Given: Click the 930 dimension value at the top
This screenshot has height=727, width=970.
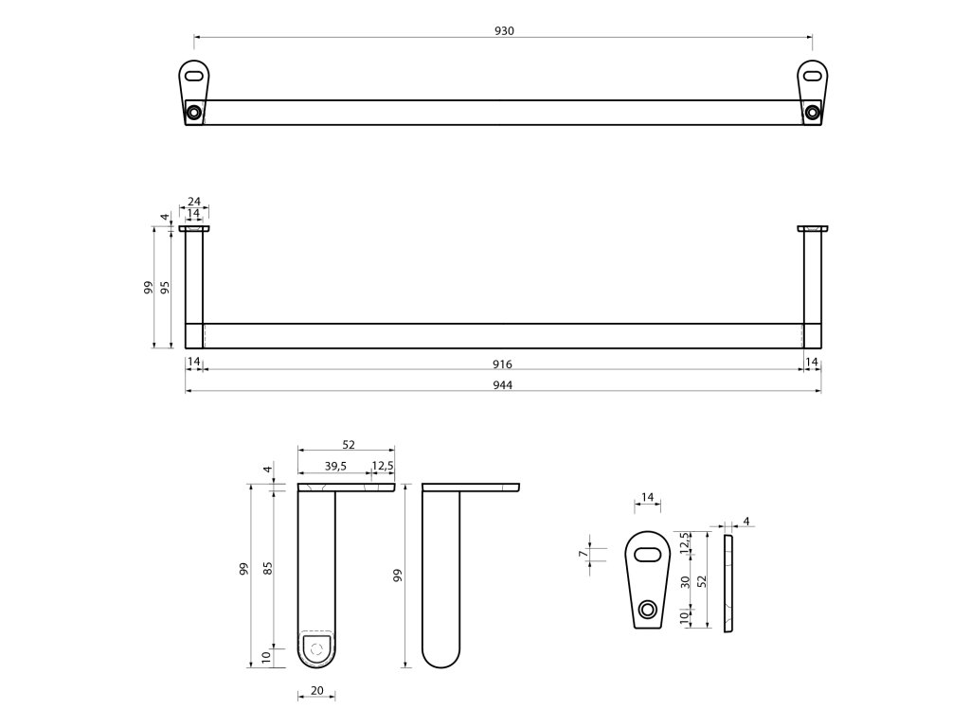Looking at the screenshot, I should click(504, 30).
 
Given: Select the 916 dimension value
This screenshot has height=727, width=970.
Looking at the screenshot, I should click(503, 364).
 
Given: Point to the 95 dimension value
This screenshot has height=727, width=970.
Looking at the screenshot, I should click(166, 287).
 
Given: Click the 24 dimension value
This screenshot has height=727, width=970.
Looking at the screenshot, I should click(193, 202).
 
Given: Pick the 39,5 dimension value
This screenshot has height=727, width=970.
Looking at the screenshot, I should click(335, 465).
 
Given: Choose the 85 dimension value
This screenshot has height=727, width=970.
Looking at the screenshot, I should click(267, 568).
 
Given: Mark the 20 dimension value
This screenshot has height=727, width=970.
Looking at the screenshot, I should click(317, 690).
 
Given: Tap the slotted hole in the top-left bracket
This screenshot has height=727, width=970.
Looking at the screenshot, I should click(194, 74).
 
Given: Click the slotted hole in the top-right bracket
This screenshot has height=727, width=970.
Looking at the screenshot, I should click(813, 74).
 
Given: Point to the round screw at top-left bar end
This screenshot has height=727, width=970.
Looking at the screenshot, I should click(194, 112).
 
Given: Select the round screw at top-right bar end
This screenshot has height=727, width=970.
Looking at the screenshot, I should click(812, 112).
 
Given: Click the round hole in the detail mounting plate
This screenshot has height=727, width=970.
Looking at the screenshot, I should click(647, 610).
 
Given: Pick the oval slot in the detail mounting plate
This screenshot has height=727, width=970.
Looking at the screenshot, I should click(648, 554).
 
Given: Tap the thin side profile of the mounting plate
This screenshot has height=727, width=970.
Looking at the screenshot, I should click(727, 582).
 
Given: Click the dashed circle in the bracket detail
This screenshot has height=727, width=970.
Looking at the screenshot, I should click(317, 648).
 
